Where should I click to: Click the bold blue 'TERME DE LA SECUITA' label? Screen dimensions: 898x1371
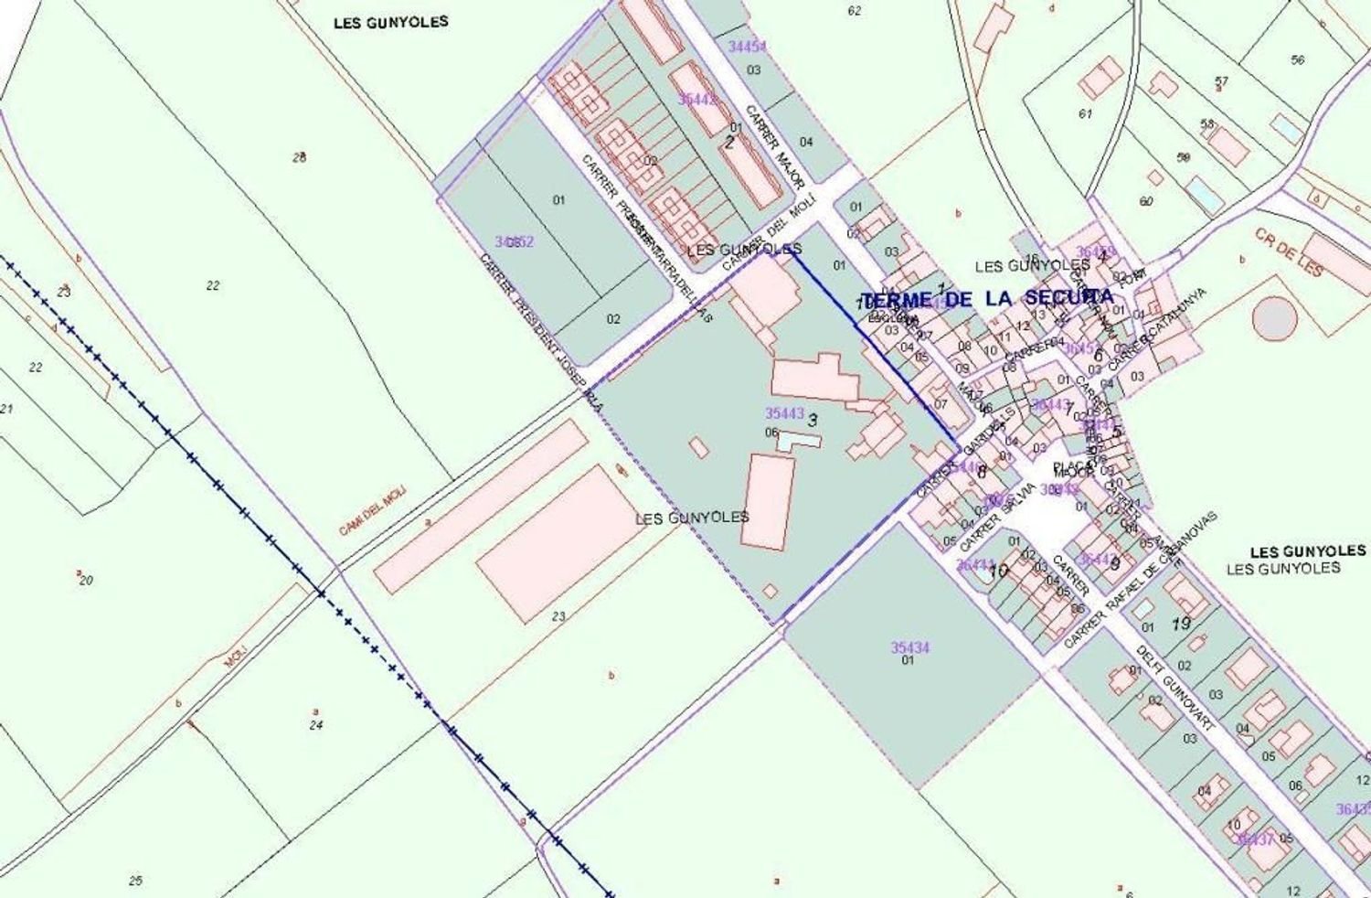(x=988, y=298)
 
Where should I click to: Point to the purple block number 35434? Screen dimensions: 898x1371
(x=910, y=647)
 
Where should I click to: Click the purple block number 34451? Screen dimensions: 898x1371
(x=747, y=47)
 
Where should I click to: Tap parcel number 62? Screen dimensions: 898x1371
(x=855, y=11)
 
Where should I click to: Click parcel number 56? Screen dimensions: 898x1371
(x=1298, y=60)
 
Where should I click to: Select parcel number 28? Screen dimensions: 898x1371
(x=299, y=157)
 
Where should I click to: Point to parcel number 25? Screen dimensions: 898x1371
(x=135, y=881)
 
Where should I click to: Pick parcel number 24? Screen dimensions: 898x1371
(x=316, y=725)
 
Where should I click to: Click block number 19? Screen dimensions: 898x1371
(x=1180, y=625)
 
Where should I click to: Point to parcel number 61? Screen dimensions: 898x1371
(x=1085, y=114)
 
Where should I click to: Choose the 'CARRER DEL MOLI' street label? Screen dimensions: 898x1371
(x=768, y=233)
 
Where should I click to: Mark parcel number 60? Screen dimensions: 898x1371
(x=1146, y=201)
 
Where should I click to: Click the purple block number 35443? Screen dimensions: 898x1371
(x=785, y=413)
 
